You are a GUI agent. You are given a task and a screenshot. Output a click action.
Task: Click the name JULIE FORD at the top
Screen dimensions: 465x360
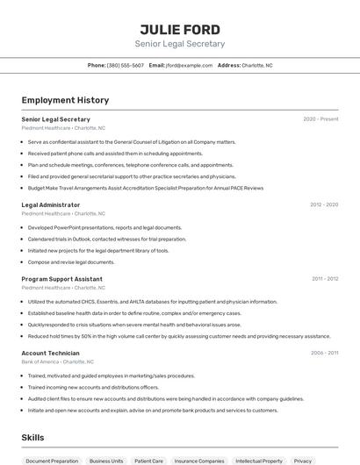[180, 29]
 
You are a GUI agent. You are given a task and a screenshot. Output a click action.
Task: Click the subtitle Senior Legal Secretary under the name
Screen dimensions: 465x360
[180, 44]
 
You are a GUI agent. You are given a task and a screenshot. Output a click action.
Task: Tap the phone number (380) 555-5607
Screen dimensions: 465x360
[126, 65]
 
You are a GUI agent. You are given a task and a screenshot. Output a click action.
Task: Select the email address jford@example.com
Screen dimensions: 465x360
[190, 65]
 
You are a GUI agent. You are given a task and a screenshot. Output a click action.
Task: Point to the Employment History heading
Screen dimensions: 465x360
[65, 100]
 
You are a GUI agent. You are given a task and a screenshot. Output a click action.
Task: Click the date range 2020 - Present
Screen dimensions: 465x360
[320, 119]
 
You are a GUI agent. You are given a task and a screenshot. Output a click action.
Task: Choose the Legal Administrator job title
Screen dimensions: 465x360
[51, 204]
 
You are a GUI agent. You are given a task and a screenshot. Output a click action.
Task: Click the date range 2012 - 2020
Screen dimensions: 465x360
[323, 204]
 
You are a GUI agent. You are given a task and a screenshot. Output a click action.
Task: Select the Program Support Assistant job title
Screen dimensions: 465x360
[61, 279]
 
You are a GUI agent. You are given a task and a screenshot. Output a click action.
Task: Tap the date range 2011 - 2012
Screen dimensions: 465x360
[324, 279]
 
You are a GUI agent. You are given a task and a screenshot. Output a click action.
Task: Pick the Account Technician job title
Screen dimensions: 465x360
[50, 353]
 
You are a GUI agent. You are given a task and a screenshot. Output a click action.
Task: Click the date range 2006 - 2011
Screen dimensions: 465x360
[324, 353]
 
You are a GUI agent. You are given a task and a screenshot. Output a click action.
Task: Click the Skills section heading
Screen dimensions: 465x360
[33, 437]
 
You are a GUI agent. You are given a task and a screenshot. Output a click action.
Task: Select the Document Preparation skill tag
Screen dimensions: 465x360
[52, 461]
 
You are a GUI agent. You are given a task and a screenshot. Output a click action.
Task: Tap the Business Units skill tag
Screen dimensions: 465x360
[106, 461]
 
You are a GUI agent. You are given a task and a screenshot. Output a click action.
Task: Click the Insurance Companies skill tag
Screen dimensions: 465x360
[199, 461]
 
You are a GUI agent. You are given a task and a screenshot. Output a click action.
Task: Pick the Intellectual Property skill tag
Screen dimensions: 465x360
[259, 461]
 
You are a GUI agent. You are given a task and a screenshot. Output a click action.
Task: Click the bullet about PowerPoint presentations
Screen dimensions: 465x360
[104, 227]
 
